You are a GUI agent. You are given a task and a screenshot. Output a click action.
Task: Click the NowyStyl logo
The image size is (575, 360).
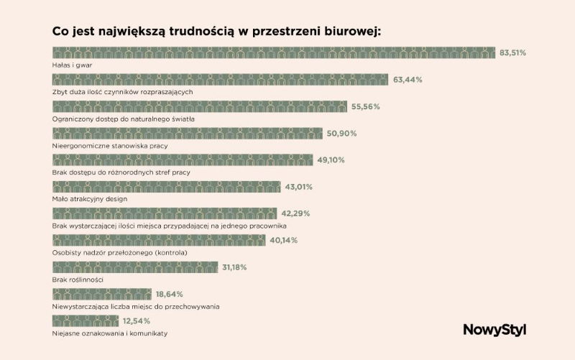[x=494, y=330]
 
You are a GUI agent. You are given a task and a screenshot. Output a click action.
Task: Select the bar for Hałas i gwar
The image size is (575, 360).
[x=274, y=53]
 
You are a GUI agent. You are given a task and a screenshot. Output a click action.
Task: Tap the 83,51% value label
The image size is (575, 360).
[x=514, y=53]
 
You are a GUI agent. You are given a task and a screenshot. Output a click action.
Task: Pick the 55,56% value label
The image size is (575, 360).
[x=366, y=106]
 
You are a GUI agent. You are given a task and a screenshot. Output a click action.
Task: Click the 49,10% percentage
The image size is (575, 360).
[x=332, y=160]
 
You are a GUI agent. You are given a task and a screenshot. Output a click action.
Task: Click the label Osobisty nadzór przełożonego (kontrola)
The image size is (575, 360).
[x=120, y=252]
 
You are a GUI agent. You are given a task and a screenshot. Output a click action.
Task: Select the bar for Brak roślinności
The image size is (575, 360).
[x=135, y=267]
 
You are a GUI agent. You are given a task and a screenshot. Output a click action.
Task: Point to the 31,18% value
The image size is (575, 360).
[x=234, y=267]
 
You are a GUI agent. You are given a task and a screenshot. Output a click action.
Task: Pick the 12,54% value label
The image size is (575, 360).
[x=136, y=320]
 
